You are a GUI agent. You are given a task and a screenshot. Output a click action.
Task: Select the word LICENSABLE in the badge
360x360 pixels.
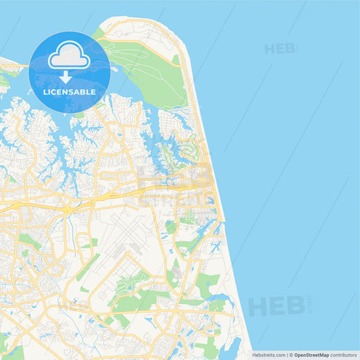click(69, 92)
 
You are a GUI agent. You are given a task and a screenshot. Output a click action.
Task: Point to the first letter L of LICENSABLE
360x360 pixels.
click(45, 92)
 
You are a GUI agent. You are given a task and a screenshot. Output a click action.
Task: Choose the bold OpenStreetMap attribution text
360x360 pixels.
click(311, 355)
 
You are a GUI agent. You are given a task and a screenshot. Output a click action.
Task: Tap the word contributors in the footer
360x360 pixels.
click(344, 355)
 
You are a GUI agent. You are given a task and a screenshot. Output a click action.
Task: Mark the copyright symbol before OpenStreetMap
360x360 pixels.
click(291, 355)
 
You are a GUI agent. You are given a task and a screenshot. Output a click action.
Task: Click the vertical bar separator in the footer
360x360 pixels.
click(287, 355)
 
